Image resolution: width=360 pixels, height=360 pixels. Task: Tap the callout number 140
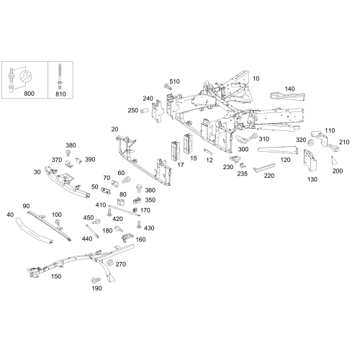289,89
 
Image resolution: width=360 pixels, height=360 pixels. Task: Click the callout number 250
132,110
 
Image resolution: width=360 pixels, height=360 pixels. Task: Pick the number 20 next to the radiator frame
114,129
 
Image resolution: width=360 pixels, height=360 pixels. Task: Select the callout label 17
181,165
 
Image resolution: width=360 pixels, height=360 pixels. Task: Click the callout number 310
264,139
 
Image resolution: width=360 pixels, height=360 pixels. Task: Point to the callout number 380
71,145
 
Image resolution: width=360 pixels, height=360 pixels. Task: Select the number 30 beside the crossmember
37,172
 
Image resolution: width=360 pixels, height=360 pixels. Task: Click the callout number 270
120,264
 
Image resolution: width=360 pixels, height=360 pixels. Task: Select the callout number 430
149,228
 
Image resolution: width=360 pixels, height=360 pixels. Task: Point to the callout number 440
86,238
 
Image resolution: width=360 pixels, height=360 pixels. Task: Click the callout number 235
243,173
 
